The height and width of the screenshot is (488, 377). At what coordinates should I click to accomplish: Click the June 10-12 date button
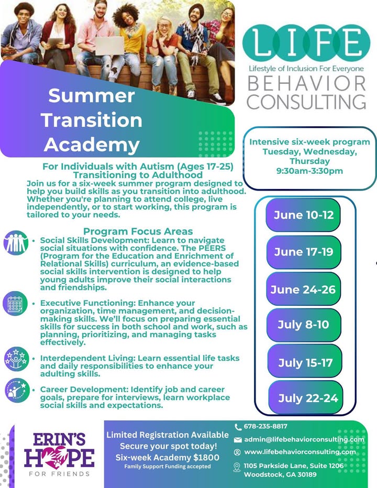pos(303,215)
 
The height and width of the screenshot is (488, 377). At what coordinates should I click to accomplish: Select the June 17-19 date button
pos(304,252)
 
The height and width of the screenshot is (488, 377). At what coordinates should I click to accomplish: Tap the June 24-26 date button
pos(303,290)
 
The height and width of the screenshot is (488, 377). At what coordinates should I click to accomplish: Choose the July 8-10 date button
pos(304,325)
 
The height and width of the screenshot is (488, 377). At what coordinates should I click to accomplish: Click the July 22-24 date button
pos(306,398)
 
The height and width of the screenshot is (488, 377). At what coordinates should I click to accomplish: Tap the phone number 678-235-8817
pos(265,426)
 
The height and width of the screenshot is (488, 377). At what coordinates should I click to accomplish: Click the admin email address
pos(304,439)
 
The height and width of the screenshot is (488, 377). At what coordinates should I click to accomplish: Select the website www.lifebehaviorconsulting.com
pos(300,452)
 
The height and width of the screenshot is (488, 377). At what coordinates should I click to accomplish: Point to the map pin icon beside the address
pos(237,467)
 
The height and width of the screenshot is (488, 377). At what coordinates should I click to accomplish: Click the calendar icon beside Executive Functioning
pos(15,304)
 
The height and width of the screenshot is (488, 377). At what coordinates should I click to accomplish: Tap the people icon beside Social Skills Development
pos(16,243)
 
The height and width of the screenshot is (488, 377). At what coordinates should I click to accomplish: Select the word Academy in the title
pos(92,145)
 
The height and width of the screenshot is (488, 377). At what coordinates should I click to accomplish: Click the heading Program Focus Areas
pos(138,231)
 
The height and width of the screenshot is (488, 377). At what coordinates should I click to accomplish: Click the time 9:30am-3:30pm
pos(309,171)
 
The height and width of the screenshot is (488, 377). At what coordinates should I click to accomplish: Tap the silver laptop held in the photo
pos(109,46)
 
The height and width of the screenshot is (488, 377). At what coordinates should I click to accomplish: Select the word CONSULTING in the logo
pos(306,102)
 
